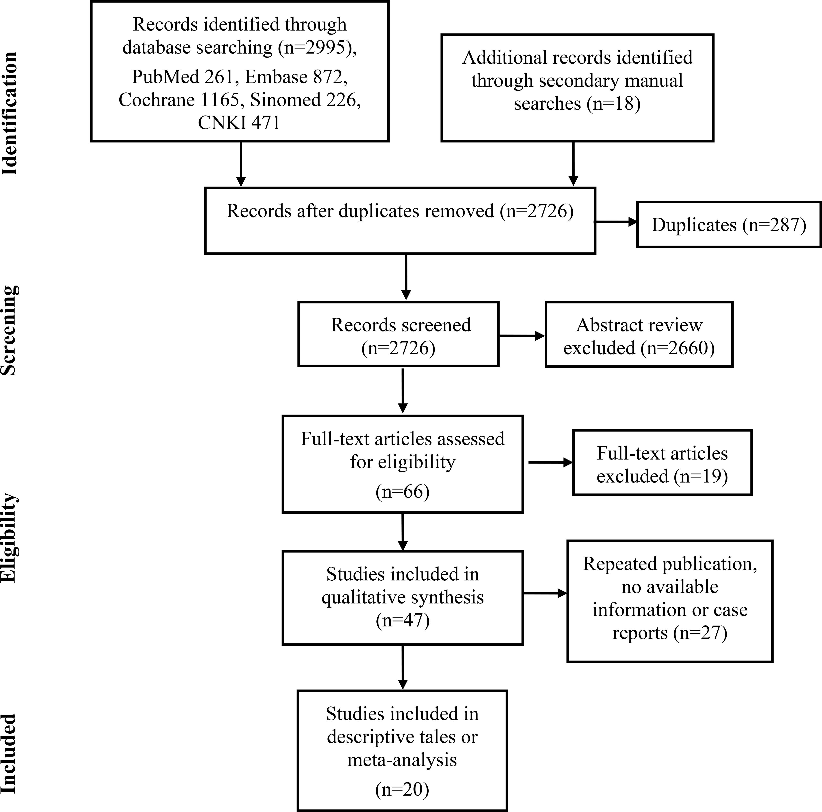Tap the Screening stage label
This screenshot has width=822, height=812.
click(9, 330)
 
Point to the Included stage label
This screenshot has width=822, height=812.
click(9, 754)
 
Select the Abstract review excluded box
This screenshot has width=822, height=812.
click(639, 334)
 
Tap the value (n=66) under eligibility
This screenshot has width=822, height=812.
click(402, 492)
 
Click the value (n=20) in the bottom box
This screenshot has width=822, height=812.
click(402, 789)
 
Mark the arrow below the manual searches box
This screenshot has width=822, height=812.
click(574, 164)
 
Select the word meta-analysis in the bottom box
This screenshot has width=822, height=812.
click(402, 760)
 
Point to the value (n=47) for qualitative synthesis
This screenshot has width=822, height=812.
click(402, 620)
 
